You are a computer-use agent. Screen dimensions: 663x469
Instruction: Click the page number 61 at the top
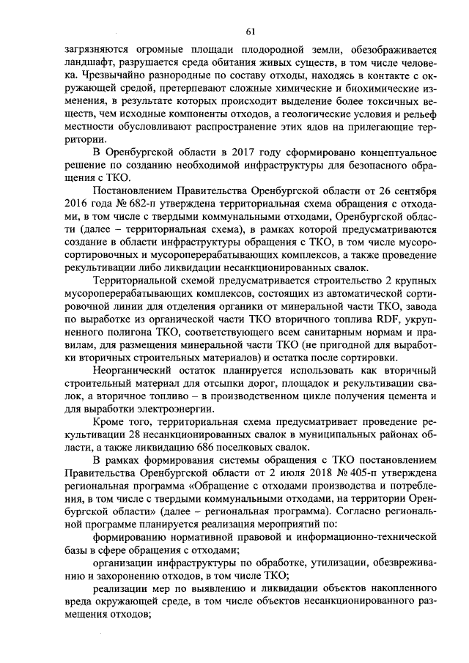pyautogui.click(x=250, y=31)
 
